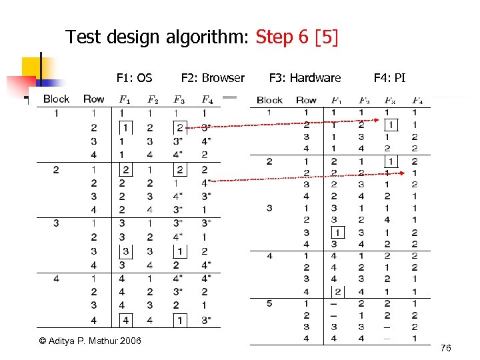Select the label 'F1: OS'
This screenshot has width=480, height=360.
(x=134, y=78)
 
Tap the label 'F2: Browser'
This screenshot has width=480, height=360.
(x=213, y=78)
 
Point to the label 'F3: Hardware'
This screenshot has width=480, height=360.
(x=305, y=78)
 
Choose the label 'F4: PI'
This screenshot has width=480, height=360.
(x=389, y=78)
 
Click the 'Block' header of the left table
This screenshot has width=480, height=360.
(x=56, y=99)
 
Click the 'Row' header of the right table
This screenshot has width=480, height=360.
(x=306, y=100)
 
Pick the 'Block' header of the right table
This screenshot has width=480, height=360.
(x=269, y=100)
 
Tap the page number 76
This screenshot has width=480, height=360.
(x=446, y=349)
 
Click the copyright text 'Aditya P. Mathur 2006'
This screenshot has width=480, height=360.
(x=90, y=341)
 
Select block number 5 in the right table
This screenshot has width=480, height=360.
(x=269, y=304)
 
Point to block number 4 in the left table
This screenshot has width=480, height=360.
(x=56, y=278)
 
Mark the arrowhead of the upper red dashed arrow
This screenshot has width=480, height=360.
(x=405, y=125)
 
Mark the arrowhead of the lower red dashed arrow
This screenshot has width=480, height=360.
(x=405, y=173)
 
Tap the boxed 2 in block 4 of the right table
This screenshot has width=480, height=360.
(x=337, y=291)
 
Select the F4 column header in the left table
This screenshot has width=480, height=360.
(x=207, y=100)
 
